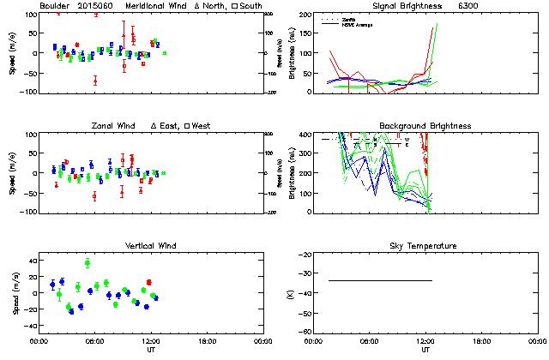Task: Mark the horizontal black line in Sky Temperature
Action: (x=380, y=280)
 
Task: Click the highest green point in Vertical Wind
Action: (x=87, y=262)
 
